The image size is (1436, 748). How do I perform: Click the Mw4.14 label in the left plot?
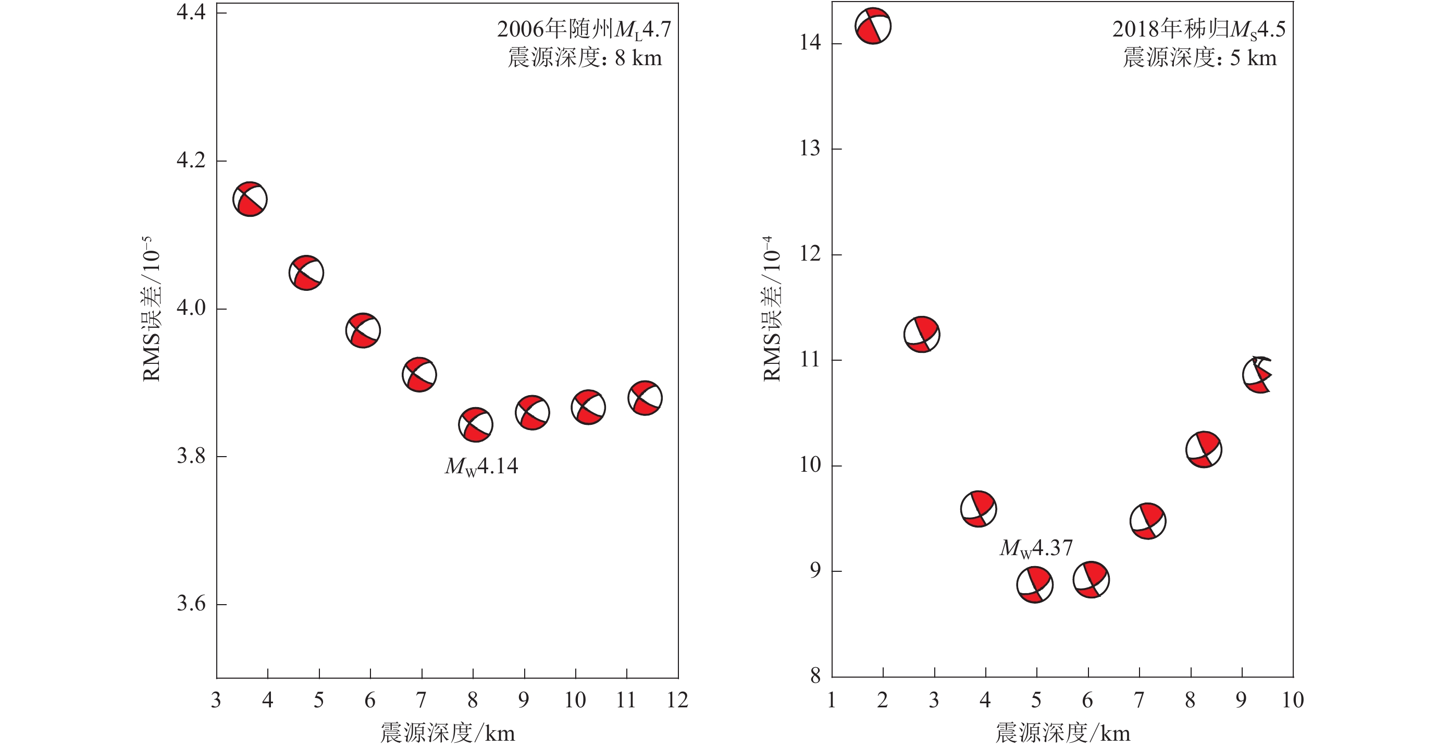(x=481, y=467)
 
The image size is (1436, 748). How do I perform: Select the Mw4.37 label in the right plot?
(x=1036, y=548)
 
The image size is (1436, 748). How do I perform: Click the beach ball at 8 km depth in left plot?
(x=476, y=425)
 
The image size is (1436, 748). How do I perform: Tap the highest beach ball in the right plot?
(x=873, y=26)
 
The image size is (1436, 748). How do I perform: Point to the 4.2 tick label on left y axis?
(x=191, y=161)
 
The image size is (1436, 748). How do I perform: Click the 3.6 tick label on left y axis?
(x=191, y=604)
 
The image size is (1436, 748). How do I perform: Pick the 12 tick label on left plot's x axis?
(x=677, y=700)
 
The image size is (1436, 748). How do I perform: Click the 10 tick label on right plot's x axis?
(x=1292, y=700)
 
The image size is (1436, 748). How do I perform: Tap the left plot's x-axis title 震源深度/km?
(x=448, y=733)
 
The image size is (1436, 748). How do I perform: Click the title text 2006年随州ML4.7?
(x=584, y=30)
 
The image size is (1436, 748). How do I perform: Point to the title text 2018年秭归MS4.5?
(x=1198, y=30)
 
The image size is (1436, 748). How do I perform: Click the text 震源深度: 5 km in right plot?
(x=1199, y=58)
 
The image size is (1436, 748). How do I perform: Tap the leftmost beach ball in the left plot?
(x=250, y=199)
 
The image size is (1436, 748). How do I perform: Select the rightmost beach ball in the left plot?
(x=645, y=398)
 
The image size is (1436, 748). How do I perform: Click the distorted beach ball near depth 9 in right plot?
(x=1258, y=375)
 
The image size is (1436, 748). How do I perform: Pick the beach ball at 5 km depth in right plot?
(x=1035, y=584)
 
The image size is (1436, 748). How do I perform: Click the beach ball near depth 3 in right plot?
(x=922, y=335)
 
